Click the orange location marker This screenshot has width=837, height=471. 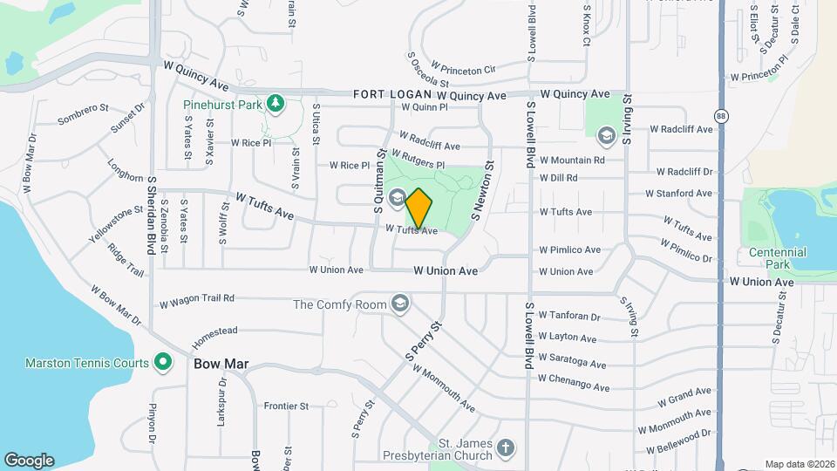[x=418, y=208]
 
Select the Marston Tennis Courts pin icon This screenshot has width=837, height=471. [x=162, y=361]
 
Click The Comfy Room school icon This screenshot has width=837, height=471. [x=400, y=304]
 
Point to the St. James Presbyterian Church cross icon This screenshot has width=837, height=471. [x=505, y=450]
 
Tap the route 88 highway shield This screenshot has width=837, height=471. [x=720, y=116]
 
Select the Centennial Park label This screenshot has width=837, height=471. [x=777, y=257]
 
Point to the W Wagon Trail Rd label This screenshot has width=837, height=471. [x=197, y=301]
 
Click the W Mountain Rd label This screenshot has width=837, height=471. [x=572, y=160]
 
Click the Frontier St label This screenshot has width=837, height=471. [x=286, y=406]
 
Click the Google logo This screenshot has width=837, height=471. [x=29, y=461]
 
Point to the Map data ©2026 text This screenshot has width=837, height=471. [x=799, y=464]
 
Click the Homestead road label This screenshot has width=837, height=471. [x=214, y=334]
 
